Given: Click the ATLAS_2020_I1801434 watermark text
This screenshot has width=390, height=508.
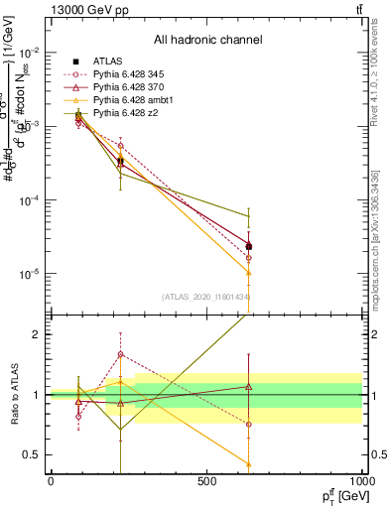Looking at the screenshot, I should (205, 297).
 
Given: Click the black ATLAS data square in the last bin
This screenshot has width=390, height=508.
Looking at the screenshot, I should (248, 246).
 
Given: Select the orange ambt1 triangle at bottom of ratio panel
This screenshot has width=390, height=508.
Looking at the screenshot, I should (248, 463).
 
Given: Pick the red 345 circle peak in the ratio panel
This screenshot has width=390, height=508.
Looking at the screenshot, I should (121, 354).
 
